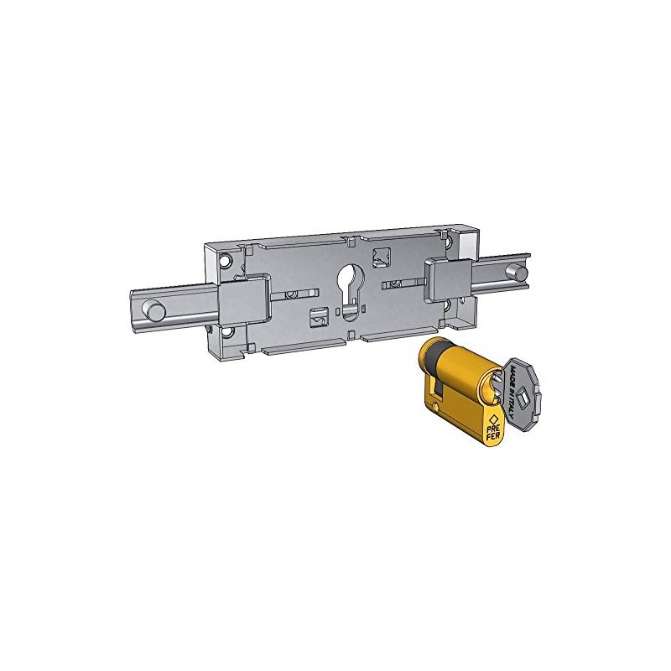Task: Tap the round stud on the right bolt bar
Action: [522, 273]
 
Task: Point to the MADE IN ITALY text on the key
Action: [512, 385]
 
